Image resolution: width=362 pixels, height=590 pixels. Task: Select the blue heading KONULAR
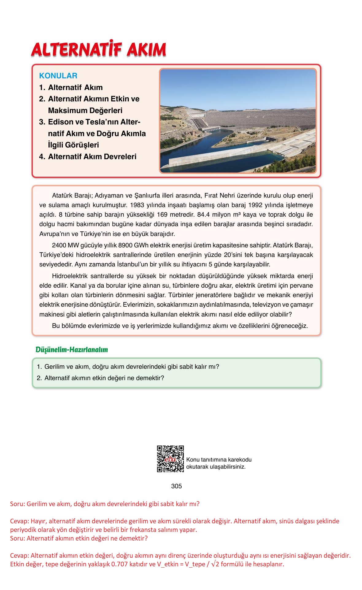(58, 76)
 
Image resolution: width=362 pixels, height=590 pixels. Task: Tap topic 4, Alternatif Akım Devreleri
(92, 157)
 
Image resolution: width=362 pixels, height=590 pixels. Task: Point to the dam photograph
(238, 121)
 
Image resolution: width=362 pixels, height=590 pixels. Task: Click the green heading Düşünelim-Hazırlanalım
(72, 350)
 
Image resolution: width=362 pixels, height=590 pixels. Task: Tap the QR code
(170, 459)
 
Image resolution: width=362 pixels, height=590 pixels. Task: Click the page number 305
(176, 486)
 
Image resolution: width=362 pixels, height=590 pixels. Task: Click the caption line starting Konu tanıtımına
(219, 460)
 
